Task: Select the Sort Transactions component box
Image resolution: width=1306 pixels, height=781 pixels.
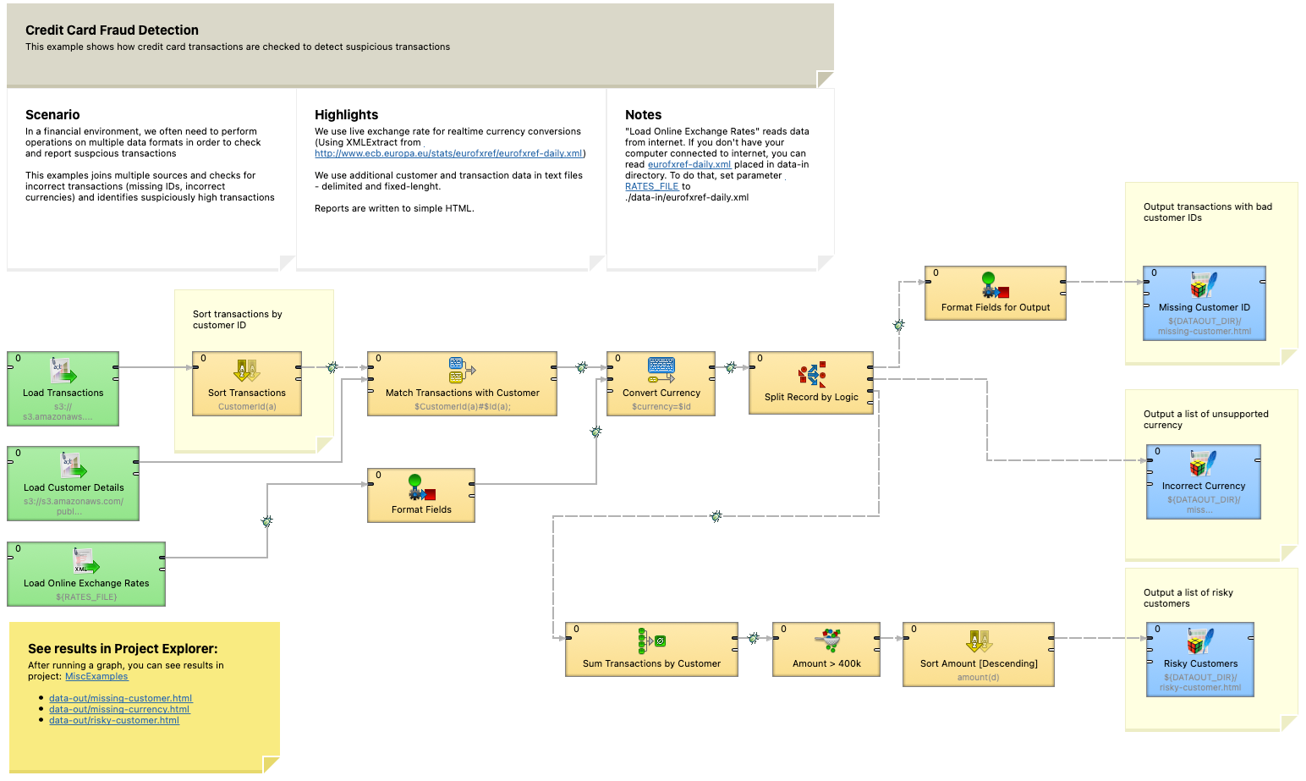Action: point(247,383)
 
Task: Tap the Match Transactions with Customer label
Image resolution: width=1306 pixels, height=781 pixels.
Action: point(462,393)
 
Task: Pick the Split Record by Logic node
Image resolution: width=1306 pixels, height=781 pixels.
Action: point(810,383)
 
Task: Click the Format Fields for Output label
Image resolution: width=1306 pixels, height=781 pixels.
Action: point(995,308)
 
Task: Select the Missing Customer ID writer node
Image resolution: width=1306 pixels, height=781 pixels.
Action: point(1204,303)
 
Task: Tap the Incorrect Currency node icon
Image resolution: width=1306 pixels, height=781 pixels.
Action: point(1203,463)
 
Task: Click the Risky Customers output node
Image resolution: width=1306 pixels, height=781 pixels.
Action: point(1199,659)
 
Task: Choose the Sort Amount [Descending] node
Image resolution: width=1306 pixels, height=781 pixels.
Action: point(978,655)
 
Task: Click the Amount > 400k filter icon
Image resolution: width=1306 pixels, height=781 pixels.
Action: point(827,641)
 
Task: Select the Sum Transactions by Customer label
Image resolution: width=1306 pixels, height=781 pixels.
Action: point(651,664)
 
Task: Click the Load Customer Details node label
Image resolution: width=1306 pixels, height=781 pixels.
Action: point(74,488)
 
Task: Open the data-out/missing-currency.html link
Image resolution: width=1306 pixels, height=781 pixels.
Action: point(119,709)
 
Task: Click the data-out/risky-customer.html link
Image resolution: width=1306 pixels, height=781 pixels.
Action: point(114,720)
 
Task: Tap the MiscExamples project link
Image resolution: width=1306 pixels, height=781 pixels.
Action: point(96,676)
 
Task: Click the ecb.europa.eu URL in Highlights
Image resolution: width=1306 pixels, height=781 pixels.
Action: point(448,153)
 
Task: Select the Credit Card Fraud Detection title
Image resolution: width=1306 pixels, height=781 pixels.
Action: point(112,30)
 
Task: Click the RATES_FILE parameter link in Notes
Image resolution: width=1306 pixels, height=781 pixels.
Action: point(651,186)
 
